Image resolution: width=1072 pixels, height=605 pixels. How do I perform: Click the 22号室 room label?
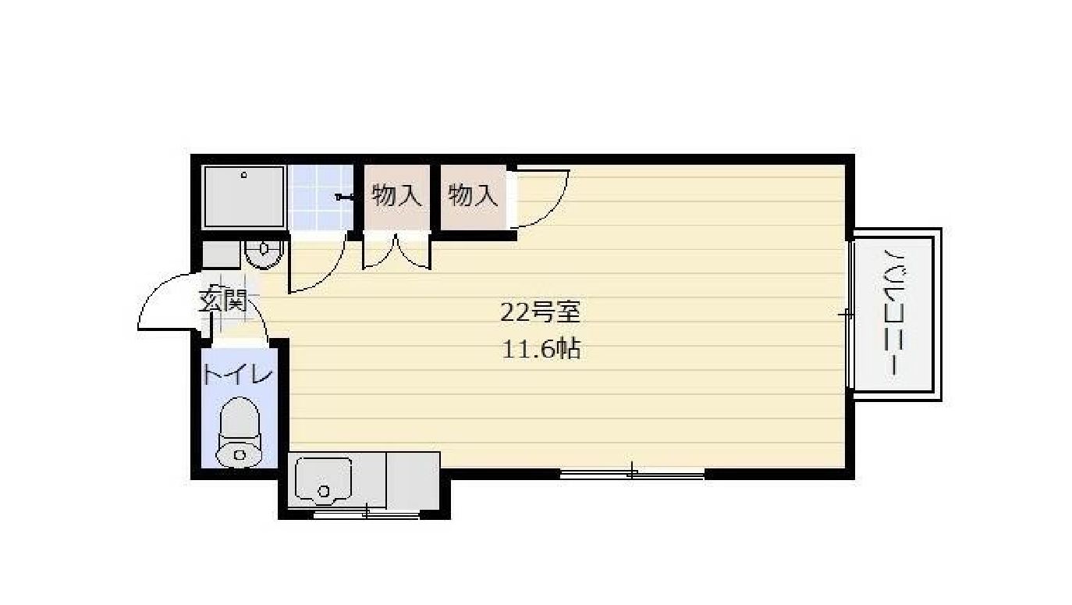540,313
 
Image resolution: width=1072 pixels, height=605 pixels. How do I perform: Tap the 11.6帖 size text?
541,349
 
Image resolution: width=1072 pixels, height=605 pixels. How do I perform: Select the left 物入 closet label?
396,195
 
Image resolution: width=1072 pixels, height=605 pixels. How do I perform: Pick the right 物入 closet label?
473,195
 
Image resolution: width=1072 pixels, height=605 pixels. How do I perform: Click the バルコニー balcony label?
893,314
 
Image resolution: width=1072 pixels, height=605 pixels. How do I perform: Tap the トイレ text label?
237,375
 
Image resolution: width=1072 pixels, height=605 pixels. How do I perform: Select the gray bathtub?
243,198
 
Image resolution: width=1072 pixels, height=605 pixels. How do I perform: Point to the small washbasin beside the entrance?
263,251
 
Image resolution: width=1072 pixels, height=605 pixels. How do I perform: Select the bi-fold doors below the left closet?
396,251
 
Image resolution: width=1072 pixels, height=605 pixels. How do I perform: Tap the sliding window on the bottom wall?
632,472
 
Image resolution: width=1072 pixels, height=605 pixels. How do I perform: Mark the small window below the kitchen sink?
367,514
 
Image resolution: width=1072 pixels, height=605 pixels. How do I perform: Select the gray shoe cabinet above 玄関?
221,254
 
